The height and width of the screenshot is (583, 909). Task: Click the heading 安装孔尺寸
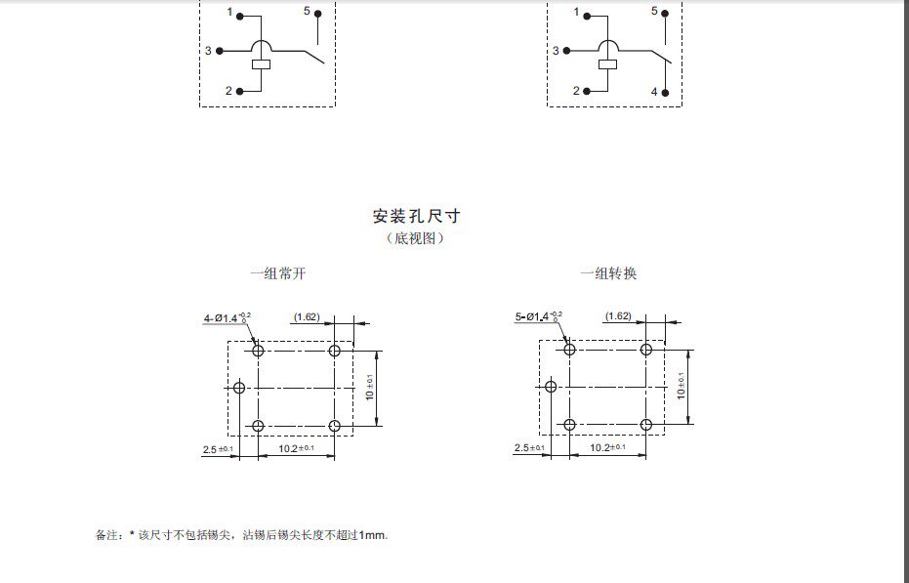pyautogui.click(x=416, y=216)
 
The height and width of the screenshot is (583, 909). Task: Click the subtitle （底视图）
pyautogui.click(x=415, y=238)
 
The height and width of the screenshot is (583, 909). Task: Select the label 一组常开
pyautogui.click(x=277, y=274)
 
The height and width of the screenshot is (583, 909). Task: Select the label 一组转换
pyautogui.click(x=608, y=274)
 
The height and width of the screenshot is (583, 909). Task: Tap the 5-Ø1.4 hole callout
pyautogui.click(x=538, y=316)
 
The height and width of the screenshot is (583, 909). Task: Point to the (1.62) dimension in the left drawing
pyautogui.click(x=307, y=316)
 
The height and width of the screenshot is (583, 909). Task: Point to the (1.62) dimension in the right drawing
pyautogui.click(x=618, y=315)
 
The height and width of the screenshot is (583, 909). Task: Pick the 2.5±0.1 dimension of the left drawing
pyautogui.click(x=218, y=449)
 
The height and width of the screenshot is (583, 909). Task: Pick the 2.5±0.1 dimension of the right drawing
pyautogui.click(x=529, y=448)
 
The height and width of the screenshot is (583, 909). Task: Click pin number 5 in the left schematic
pyautogui.click(x=306, y=12)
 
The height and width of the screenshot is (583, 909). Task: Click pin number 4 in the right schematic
pyautogui.click(x=655, y=92)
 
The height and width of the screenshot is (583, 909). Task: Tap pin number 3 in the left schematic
pyautogui.click(x=208, y=50)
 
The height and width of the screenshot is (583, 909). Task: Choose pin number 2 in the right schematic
pyautogui.click(x=576, y=91)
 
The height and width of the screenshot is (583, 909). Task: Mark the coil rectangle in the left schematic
pyautogui.click(x=261, y=65)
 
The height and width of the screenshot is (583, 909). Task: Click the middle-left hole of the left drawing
pyautogui.click(x=239, y=388)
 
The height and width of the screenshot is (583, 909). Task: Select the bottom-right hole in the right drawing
pyautogui.click(x=645, y=425)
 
